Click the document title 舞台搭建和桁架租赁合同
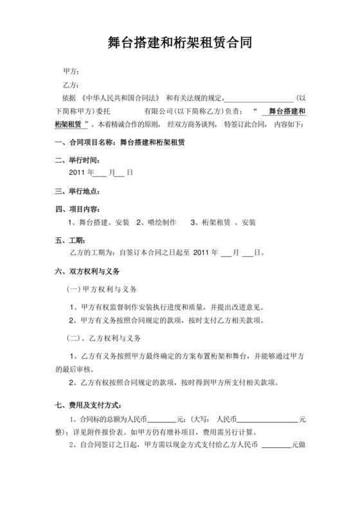click(x=179, y=44)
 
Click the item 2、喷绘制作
click(x=156, y=222)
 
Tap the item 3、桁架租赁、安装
click(x=224, y=222)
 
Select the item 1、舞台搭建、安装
click(x=99, y=222)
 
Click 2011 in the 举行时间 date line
click(x=76, y=173)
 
